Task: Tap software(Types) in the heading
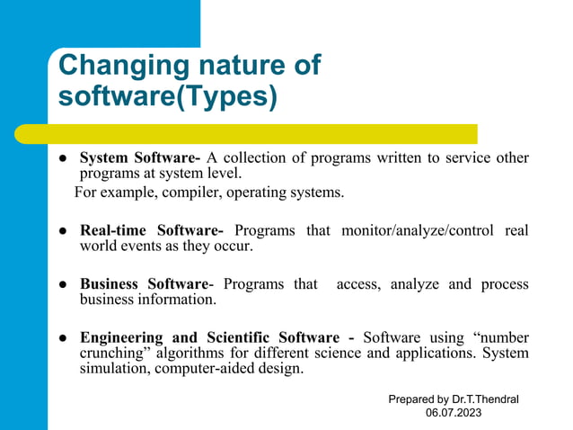(167, 95)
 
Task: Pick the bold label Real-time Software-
(152, 230)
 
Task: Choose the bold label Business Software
(145, 284)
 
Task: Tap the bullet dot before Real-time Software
(65, 231)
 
